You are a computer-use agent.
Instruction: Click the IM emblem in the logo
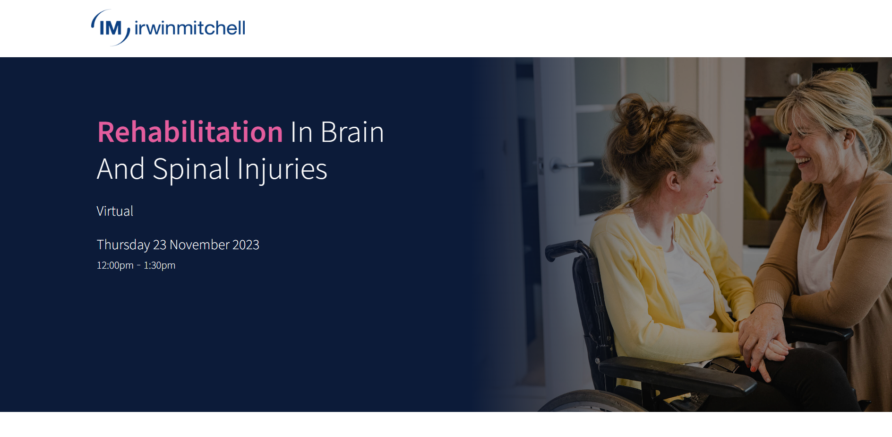point(111,28)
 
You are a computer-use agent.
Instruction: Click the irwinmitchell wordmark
point(190,28)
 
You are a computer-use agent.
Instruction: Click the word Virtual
point(115,211)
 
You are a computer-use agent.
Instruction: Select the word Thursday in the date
point(123,245)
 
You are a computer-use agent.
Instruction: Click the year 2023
point(246,245)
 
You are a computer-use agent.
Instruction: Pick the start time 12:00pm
point(115,265)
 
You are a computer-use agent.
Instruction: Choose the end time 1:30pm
point(159,265)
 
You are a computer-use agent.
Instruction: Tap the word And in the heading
point(121,169)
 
